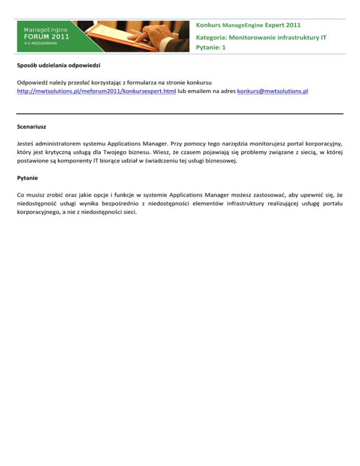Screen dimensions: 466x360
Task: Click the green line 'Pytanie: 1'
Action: [x=211, y=47]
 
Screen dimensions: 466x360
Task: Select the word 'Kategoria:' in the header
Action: [x=211, y=36]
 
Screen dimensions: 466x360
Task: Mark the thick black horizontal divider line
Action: [x=180, y=113]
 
